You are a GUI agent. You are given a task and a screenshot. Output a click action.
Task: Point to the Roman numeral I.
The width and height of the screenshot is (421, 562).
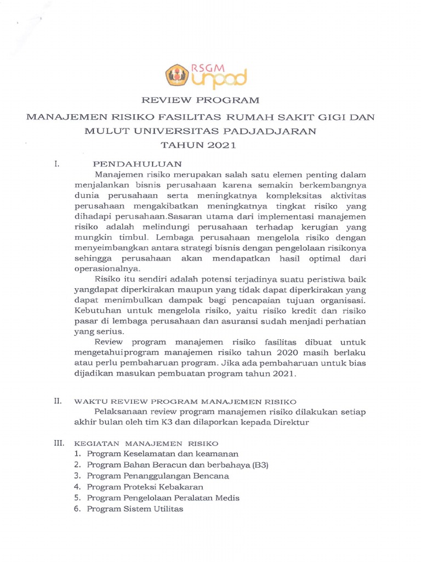pyautogui.click(x=56, y=164)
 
